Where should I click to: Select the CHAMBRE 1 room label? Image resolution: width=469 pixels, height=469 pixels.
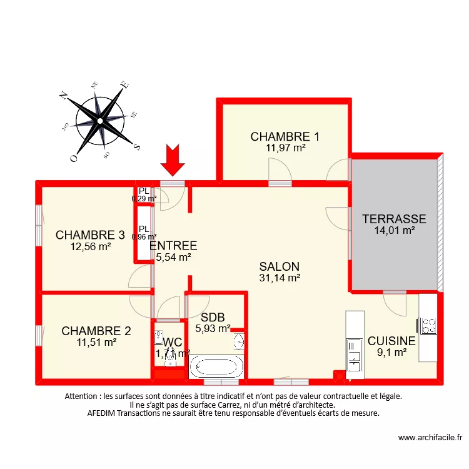click(285, 136)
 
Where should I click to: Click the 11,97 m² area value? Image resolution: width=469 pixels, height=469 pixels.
click(285, 148)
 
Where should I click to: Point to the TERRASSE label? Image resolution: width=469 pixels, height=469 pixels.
click(395, 219)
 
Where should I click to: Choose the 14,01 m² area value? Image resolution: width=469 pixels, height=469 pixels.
click(395, 230)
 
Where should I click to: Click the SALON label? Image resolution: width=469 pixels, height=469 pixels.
click(280, 266)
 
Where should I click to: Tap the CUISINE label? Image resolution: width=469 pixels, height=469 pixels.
click(391, 341)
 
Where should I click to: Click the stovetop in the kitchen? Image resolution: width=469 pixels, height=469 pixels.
click(428, 325)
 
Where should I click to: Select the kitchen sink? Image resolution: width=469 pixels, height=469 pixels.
click(354, 353)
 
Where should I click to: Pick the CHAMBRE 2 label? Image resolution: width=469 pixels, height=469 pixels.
click(96, 331)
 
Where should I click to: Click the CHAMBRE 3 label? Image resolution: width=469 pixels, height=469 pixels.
click(90, 235)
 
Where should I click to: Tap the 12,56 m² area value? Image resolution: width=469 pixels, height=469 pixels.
click(91, 246)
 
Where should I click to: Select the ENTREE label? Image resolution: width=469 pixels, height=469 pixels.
click(173, 245)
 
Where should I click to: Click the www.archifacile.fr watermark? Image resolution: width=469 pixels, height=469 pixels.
click(430, 438)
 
